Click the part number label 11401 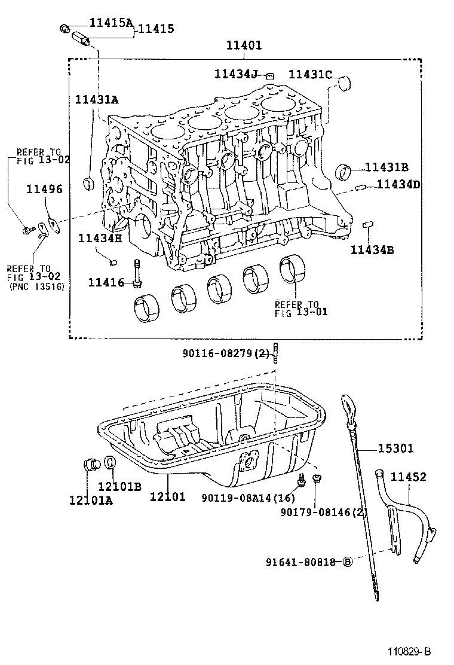click(244, 45)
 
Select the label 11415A click(111, 23)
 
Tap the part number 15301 click(394, 447)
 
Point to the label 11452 click(409, 477)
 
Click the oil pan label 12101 click(167, 496)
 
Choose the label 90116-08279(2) click(226, 354)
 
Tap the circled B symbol click(348, 562)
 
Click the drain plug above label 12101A click(91, 463)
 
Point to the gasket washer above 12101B click(111, 463)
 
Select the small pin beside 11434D click(360, 187)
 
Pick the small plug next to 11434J click(270, 75)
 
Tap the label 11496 click(44, 190)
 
